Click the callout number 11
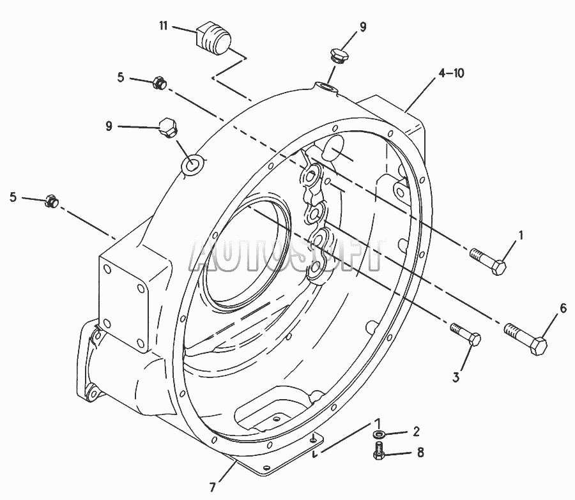pyautogui.click(x=163, y=26)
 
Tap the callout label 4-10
pyautogui.click(x=451, y=73)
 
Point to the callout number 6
pyautogui.click(x=563, y=308)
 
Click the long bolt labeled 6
pyautogui.click(x=526, y=337)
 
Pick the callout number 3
pyautogui.click(x=456, y=377)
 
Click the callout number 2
pyautogui.click(x=416, y=432)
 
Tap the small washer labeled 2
pyautogui.click(x=379, y=435)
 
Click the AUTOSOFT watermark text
pyautogui.click(x=287, y=255)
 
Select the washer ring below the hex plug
pyautogui.click(x=192, y=165)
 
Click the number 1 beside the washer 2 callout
pyautogui.click(x=378, y=424)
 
